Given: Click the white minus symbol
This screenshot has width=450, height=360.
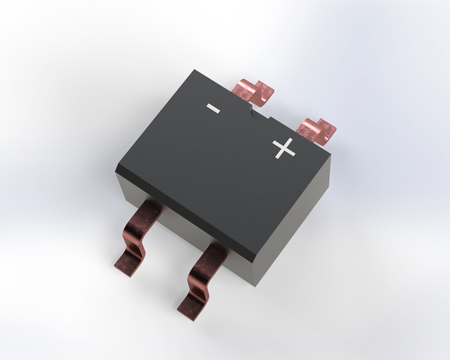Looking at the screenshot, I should (213, 108).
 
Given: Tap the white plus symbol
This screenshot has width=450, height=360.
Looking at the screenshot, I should (284, 148).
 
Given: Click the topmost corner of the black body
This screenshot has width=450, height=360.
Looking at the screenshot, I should (194, 70).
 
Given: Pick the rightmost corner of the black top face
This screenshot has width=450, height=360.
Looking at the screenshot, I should (331, 154).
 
